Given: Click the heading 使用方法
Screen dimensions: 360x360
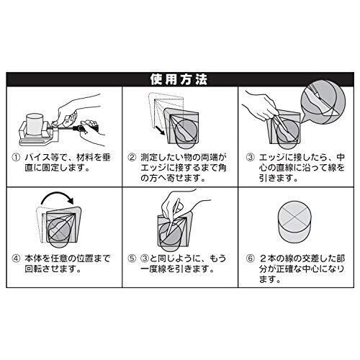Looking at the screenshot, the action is tap(179, 79).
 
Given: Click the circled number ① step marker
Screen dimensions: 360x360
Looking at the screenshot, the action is tap(16, 158).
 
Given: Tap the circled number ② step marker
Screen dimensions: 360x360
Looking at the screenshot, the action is tap(132, 158).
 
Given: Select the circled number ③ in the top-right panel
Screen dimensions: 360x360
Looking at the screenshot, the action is tap(250, 158).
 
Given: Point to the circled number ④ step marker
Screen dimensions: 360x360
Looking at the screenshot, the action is tap(16, 258).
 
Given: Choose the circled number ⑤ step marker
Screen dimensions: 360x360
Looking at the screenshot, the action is tap(132, 258).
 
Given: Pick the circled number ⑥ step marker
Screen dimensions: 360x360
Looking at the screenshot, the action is tap(250, 258).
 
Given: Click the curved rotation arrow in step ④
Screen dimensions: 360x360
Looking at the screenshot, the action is tap(57, 193).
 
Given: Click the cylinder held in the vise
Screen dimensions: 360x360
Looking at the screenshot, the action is tap(35, 125).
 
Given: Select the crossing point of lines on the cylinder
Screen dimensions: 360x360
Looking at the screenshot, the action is tap(294, 218).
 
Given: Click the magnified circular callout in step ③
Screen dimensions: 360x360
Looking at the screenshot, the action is tap(323, 102).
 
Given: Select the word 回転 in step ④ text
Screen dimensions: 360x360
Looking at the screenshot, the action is tap(33, 269).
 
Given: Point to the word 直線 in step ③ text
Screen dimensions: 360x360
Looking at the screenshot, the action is tap(284, 168).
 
